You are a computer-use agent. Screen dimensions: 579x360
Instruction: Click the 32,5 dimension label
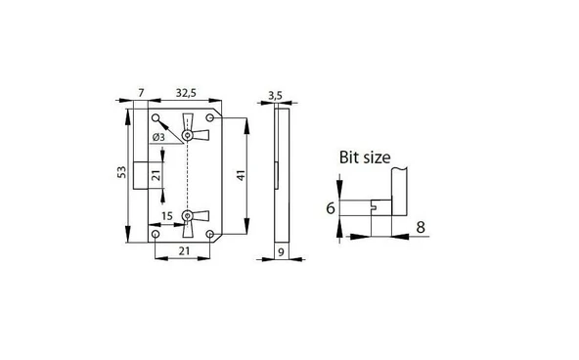(186, 93)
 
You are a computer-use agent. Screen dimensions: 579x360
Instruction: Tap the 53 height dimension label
(122, 172)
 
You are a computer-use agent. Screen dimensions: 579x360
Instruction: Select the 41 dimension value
(241, 175)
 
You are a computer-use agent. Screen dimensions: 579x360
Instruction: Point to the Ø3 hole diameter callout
(158, 137)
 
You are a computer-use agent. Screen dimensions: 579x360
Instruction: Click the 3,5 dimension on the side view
(275, 96)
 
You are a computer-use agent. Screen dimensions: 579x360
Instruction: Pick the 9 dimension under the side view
(281, 252)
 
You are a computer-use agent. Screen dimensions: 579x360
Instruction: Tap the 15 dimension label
(167, 216)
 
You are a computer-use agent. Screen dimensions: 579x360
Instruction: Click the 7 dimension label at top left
(141, 93)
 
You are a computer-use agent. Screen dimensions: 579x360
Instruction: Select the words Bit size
(365, 157)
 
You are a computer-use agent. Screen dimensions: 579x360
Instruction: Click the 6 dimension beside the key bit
(331, 208)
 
